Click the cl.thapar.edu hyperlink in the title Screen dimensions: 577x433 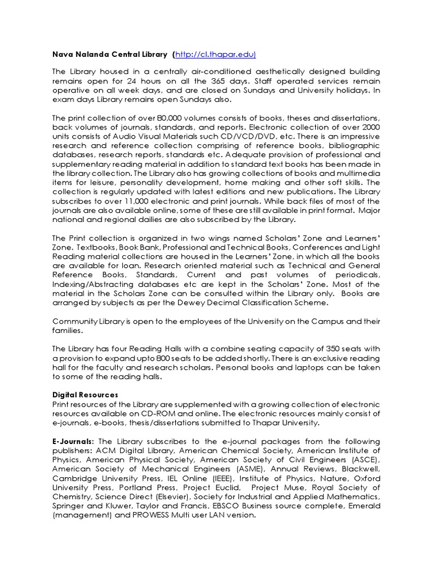click(x=216, y=54)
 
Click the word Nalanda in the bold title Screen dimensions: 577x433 click(x=94, y=54)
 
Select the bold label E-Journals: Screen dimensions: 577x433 click(x=73, y=441)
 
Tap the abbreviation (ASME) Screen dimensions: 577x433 click(x=250, y=469)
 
